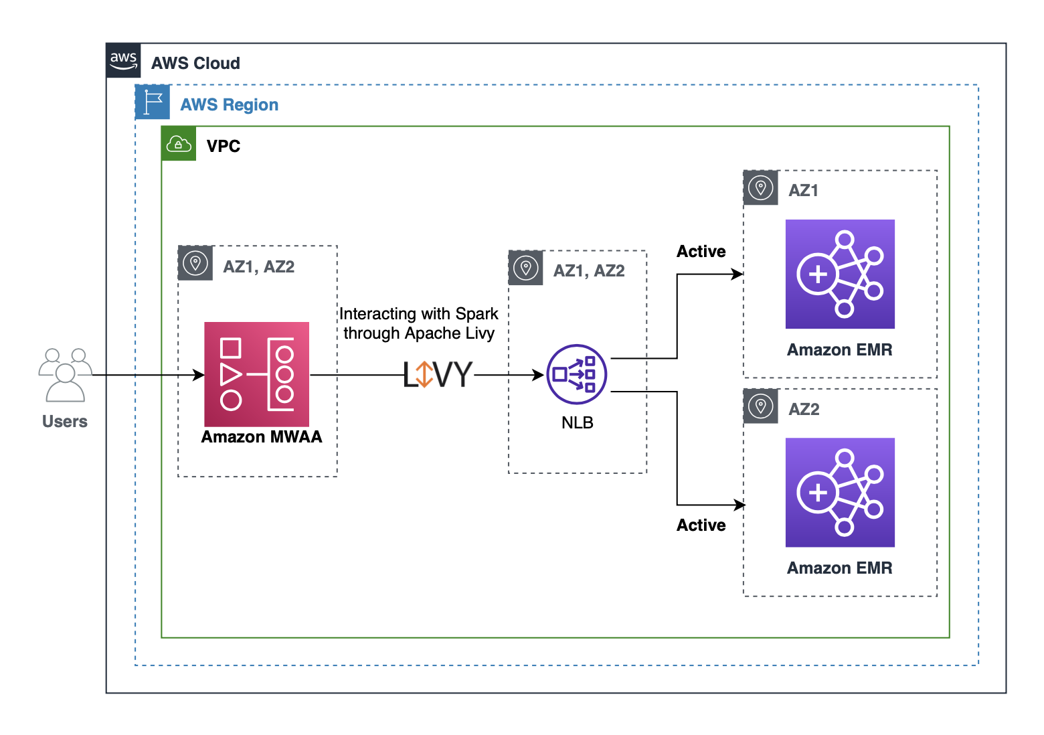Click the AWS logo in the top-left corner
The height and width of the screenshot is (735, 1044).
point(124,61)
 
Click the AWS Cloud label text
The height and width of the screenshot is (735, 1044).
point(195,64)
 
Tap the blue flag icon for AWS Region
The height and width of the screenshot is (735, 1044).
point(153,102)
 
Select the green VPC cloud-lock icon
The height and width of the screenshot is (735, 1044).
point(179,144)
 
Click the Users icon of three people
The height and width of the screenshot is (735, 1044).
point(65,374)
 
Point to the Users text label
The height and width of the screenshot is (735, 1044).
point(65,422)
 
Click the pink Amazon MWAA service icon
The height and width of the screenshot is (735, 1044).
point(256,374)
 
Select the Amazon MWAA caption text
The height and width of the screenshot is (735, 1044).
point(262,437)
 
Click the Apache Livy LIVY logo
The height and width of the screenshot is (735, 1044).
point(438,375)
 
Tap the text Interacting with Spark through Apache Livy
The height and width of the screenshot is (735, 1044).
point(419,323)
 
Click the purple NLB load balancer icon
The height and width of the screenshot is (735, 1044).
point(577,374)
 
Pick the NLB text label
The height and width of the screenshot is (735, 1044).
point(578,423)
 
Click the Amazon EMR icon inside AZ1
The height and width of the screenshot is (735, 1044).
point(840,274)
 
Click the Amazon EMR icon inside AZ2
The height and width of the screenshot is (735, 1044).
point(840,493)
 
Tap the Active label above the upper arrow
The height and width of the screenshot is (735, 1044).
point(701,252)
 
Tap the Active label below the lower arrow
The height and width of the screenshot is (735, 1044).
point(701,525)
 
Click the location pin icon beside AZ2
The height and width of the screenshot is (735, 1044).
point(761,406)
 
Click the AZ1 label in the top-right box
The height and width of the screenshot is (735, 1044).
point(803,191)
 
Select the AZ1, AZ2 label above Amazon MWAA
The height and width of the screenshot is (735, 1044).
point(258,267)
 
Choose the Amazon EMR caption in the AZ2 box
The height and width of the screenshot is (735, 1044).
point(839,568)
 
